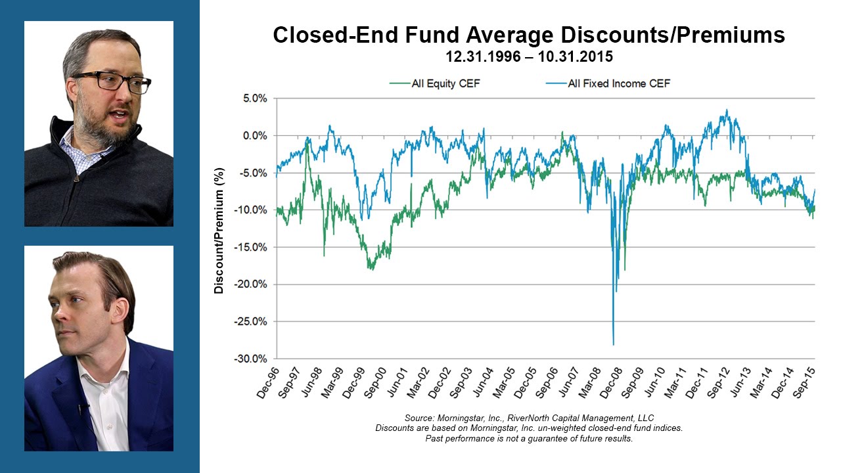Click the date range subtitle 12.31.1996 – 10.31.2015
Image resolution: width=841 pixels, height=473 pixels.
tap(529, 56)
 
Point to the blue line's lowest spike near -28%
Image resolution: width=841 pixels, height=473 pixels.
tap(613, 344)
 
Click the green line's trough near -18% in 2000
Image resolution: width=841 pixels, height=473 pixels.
tap(371, 268)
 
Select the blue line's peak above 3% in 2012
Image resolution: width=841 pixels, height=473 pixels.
tap(727, 110)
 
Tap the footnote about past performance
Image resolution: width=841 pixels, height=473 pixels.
tap(529, 438)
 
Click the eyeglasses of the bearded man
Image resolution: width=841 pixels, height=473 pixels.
tap(112, 82)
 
